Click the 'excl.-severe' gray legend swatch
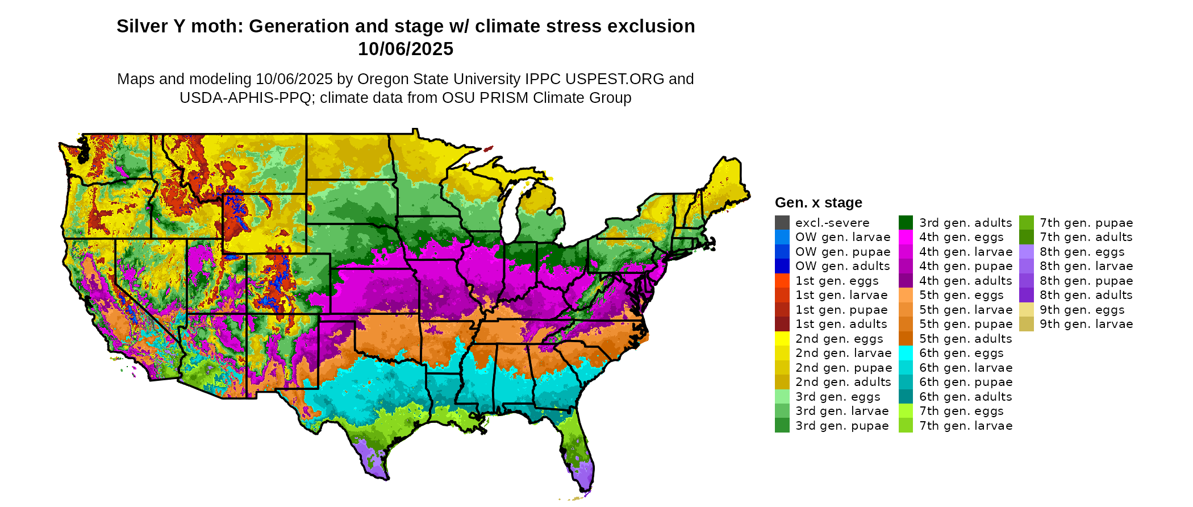tap(782, 223)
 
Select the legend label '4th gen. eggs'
tap(961, 237)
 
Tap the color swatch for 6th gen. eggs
tap(906, 353)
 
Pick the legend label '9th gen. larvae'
tap(1086, 324)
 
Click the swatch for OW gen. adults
tap(782, 266)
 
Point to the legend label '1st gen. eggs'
tap(837, 281)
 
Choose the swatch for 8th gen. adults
tap(1026, 295)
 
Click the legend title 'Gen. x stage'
tap(818, 203)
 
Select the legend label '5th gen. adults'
tap(966, 339)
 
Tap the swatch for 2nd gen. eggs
tap(782, 339)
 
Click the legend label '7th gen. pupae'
tap(1086, 223)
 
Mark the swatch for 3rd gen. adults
tap(906, 223)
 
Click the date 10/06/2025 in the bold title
tap(405, 49)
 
